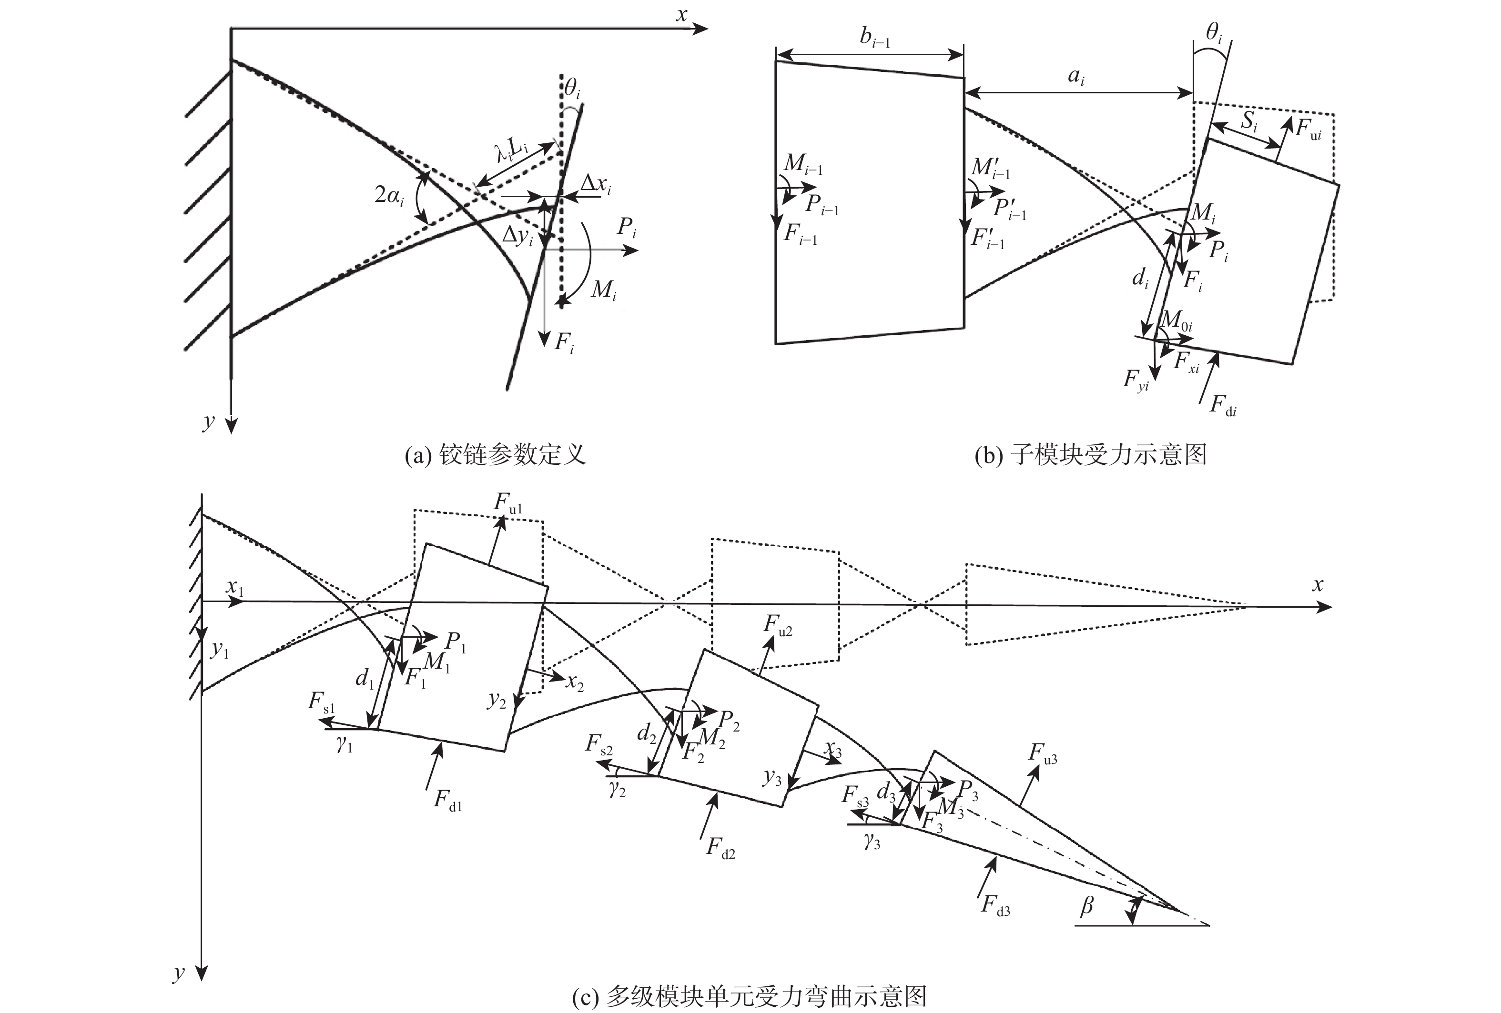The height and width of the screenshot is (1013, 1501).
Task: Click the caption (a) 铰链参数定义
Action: point(495,455)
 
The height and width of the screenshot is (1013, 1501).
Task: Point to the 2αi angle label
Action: point(389,194)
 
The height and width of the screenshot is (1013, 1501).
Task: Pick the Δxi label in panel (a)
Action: point(595,185)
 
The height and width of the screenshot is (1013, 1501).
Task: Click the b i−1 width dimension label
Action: point(874,38)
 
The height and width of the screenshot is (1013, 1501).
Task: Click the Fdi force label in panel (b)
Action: point(1223,405)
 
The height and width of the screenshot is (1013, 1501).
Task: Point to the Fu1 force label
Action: point(508,503)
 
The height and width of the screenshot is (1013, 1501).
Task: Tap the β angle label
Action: point(1086,906)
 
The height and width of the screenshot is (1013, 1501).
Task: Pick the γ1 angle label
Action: point(344,746)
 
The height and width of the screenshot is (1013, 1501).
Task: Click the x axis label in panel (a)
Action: point(681,15)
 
